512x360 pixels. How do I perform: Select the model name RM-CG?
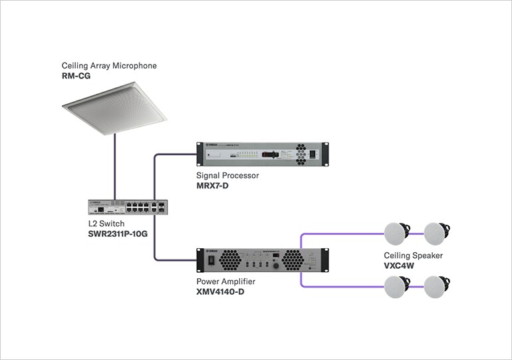[76, 77]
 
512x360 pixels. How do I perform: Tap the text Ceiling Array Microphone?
[109, 66]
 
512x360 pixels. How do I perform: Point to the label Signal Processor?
[227, 176]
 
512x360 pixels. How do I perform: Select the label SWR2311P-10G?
[118, 234]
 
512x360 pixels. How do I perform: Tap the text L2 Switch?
[106, 224]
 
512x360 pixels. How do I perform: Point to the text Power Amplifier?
[226, 281]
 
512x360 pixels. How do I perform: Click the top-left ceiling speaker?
[398, 233]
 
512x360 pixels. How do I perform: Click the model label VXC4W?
[399, 266]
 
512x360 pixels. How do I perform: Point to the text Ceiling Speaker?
[413, 256]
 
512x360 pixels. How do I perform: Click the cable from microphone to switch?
[114, 166]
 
